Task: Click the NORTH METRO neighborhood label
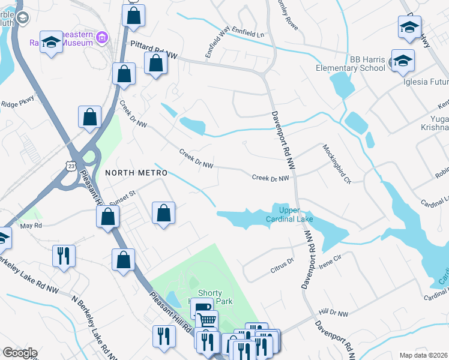point(136,173)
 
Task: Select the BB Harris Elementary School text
point(351,64)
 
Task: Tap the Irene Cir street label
point(329,257)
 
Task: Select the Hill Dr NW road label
point(334,313)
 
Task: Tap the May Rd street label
point(31,226)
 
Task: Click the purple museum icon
point(102,38)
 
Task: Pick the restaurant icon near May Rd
point(63,255)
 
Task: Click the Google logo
point(20,353)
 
